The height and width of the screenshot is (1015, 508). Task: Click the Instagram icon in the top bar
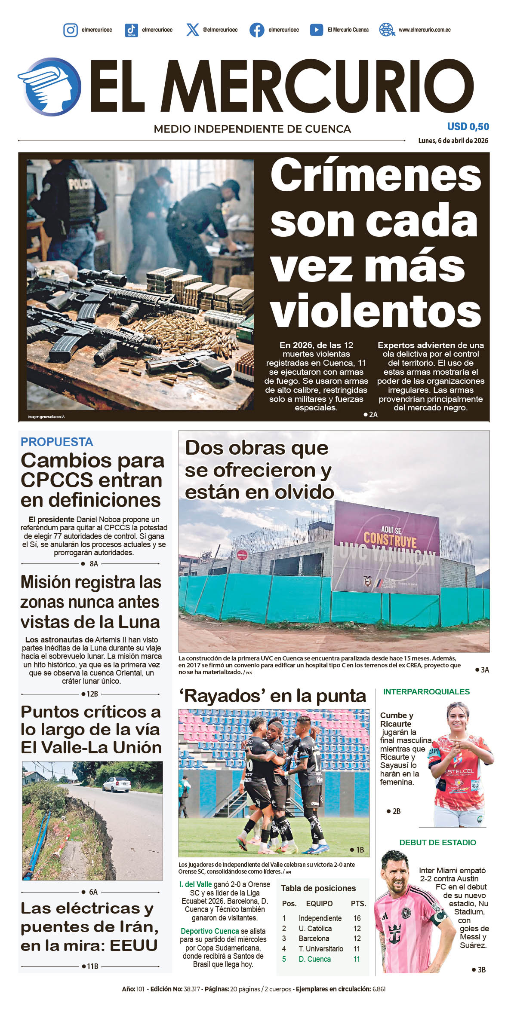pos(71,30)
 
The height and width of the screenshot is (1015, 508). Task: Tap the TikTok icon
pos(131,30)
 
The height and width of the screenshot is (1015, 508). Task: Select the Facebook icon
pos(257,30)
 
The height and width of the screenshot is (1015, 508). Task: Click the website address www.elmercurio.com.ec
pos(424,30)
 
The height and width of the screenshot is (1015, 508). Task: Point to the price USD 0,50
pos(468,127)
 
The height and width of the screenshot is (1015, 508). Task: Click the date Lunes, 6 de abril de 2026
pos(453,141)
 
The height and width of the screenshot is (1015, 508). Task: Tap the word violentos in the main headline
pos(375,311)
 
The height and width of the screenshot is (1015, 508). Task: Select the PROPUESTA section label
pos(57,442)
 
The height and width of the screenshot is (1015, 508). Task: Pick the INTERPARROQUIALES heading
pos(426,692)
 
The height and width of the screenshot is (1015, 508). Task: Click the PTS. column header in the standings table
pos(358,904)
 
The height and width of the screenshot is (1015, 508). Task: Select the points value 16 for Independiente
pos(357,918)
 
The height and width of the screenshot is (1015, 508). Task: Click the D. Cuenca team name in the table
pos(314,959)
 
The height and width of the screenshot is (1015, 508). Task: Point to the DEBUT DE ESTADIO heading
pos(437,843)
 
